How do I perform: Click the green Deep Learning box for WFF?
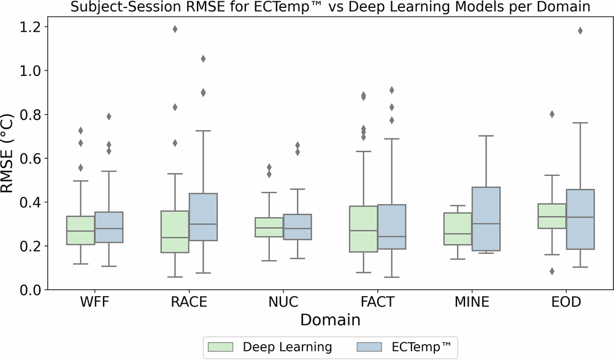click(80, 230)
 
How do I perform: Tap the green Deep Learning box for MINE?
click(458, 229)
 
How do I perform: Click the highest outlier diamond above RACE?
click(175, 29)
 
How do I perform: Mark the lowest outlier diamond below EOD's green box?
click(551, 271)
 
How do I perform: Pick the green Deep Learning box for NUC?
click(269, 228)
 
